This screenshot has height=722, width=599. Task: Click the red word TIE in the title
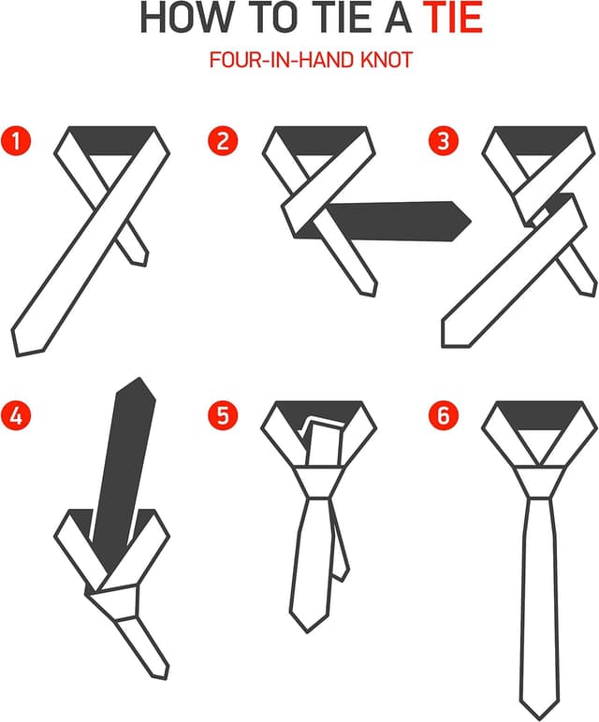pos(453,18)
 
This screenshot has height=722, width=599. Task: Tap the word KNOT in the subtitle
pos(387,60)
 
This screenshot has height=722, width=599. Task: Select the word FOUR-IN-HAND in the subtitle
pos(282,60)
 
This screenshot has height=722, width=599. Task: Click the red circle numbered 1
pos(16,140)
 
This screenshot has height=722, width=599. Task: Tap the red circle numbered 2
pos(223,140)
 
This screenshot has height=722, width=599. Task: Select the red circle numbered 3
pos(444,140)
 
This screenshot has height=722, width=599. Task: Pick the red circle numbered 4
pos(16,416)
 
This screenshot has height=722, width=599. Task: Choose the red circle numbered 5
pos(223,416)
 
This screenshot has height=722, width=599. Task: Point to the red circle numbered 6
pos(444,416)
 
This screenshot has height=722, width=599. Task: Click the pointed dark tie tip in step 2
pos(471,221)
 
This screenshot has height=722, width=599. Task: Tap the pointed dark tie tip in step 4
pos(139,379)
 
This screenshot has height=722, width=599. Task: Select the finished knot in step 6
pos(539,482)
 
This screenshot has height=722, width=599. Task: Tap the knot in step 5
pos(319,482)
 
